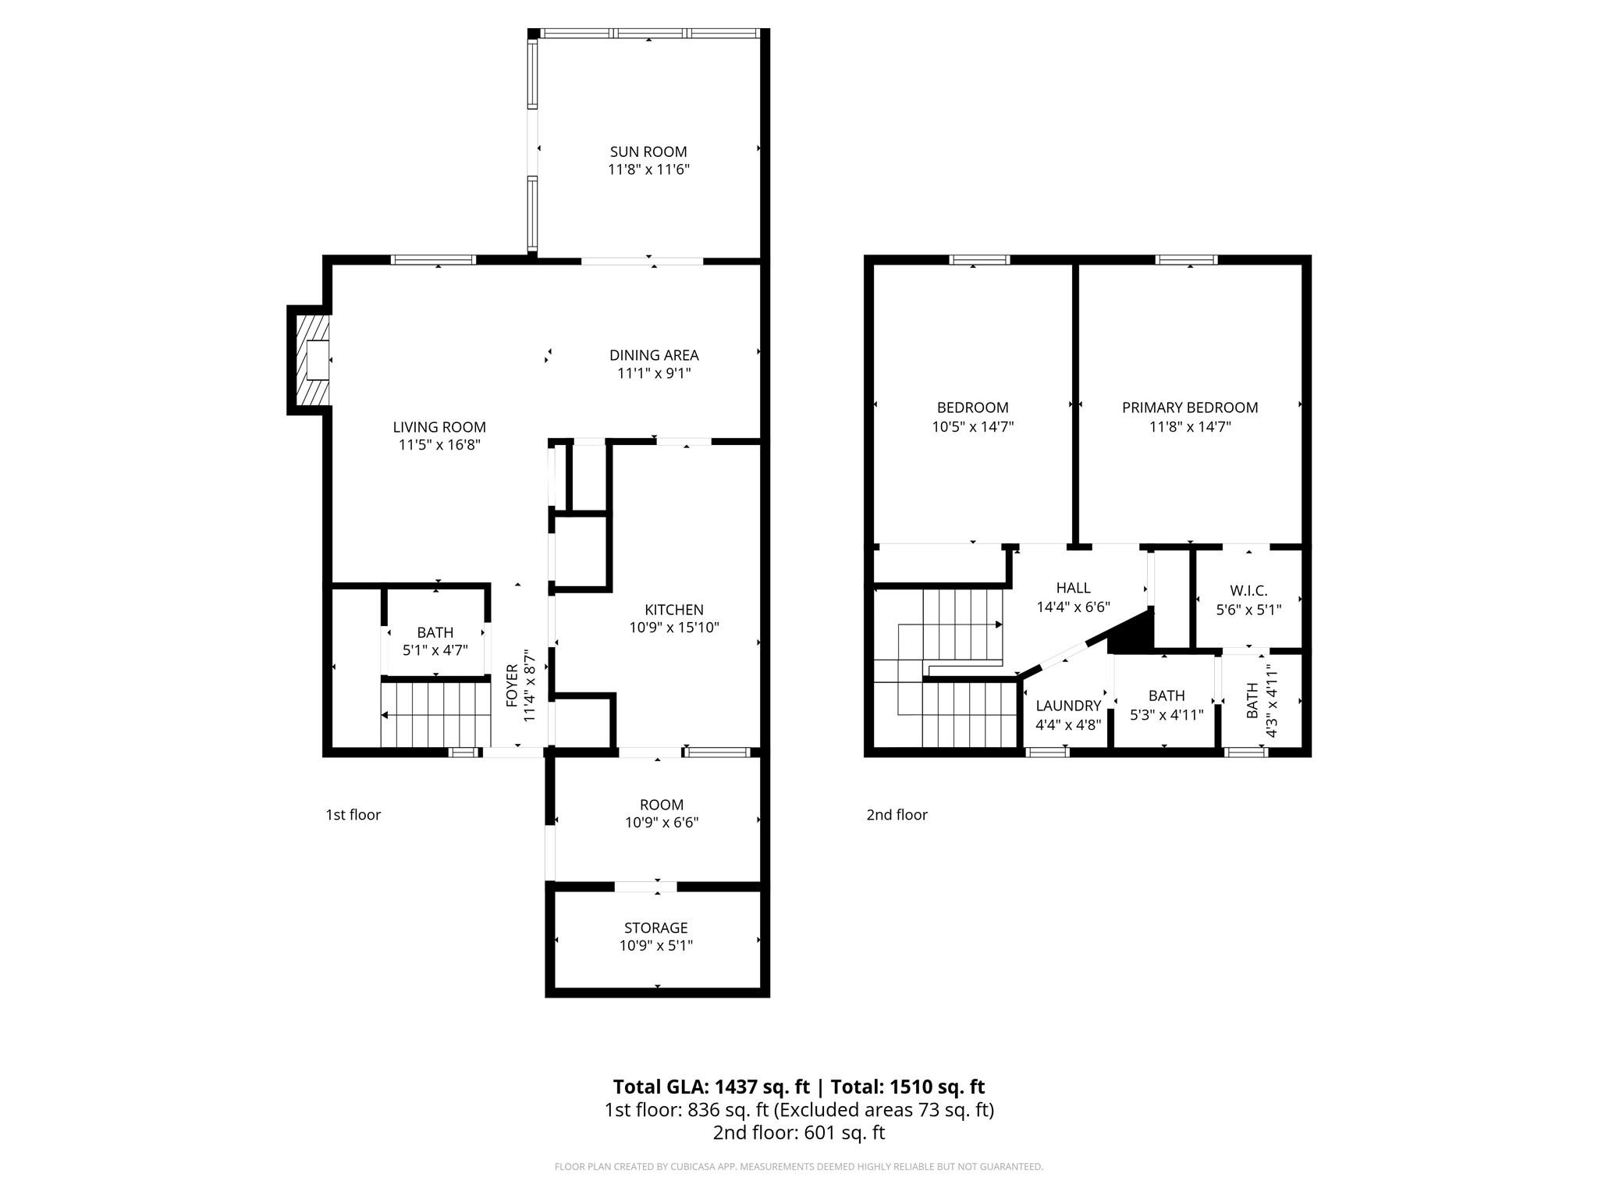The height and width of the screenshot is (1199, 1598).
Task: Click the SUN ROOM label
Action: click(x=648, y=151)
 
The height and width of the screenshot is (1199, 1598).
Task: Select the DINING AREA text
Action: click(x=654, y=355)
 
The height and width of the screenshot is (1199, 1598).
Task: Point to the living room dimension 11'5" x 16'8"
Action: click(x=439, y=445)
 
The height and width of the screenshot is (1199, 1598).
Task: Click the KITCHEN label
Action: click(x=674, y=610)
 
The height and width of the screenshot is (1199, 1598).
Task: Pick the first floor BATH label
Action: click(x=435, y=632)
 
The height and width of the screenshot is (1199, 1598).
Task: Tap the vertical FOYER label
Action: click(x=512, y=685)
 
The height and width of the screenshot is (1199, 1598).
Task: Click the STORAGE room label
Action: click(x=656, y=927)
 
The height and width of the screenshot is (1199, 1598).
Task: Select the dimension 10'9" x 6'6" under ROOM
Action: click(x=662, y=823)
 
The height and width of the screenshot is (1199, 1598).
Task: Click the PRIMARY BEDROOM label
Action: click(x=1190, y=407)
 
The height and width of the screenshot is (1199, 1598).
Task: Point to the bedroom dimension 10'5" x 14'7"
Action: click(x=973, y=427)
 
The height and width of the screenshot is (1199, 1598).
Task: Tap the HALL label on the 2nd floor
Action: click(x=1074, y=588)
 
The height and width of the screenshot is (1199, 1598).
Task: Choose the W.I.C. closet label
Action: click(x=1248, y=591)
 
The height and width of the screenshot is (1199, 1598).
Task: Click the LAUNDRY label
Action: click(x=1068, y=706)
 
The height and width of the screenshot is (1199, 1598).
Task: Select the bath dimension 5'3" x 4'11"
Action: click(x=1167, y=715)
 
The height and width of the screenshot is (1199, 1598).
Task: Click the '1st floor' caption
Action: click(x=353, y=815)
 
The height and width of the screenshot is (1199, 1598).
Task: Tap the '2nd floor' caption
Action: click(x=897, y=815)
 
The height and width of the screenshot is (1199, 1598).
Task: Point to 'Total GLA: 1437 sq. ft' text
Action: click(x=711, y=1087)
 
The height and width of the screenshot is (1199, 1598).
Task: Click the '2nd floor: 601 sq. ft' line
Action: click(x=799, y=1133)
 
